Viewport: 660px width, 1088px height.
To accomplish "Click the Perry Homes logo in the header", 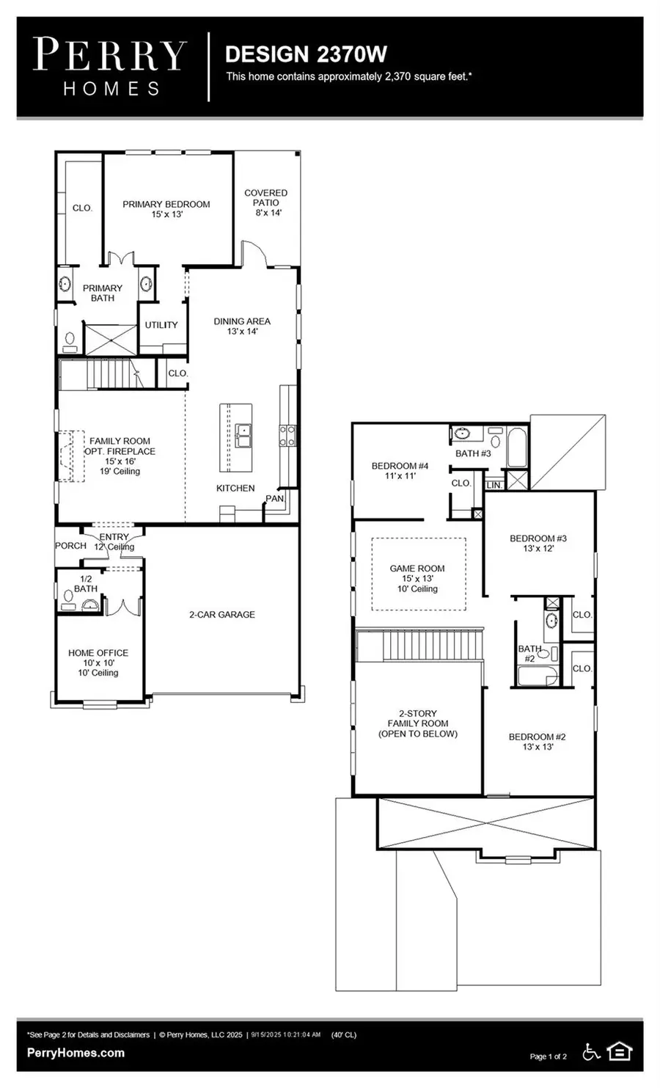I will coord(110,67).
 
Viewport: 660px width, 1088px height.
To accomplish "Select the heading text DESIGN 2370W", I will coord(306,54).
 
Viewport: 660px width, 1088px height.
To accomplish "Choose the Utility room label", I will coord(161,325).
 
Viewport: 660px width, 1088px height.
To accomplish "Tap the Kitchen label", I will coord(235,489).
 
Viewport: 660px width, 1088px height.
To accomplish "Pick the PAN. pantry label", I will coord(275,499).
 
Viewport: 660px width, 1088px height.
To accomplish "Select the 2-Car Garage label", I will coord(222,615).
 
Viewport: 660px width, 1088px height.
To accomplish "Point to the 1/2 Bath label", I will coord(86,584).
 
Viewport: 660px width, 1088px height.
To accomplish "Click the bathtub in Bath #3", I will coord(517,448).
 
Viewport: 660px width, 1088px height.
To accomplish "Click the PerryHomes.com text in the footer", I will coord(76,1053).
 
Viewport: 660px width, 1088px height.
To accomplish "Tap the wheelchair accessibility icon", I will coord(591,1052).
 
